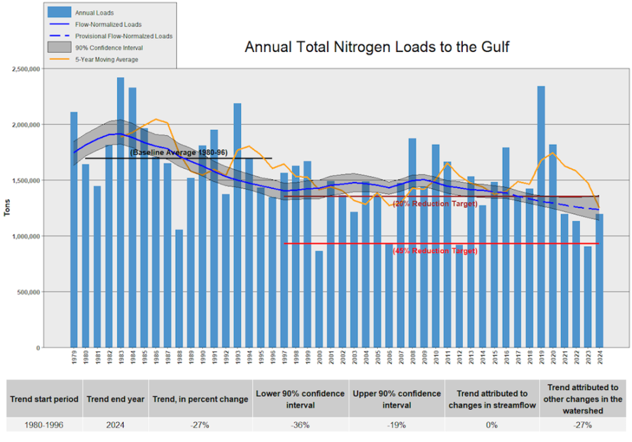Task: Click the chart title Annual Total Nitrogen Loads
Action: tap(377, 47)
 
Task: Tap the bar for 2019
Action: tap(540, 217)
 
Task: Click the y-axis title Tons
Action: tap(7, 208)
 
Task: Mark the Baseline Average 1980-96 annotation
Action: tap(178, 153)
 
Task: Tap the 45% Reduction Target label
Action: tap(434, 251)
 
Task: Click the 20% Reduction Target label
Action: tap(434, 204)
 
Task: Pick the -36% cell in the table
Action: tap(300, 425)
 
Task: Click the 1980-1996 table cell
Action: tap(44, 425)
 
